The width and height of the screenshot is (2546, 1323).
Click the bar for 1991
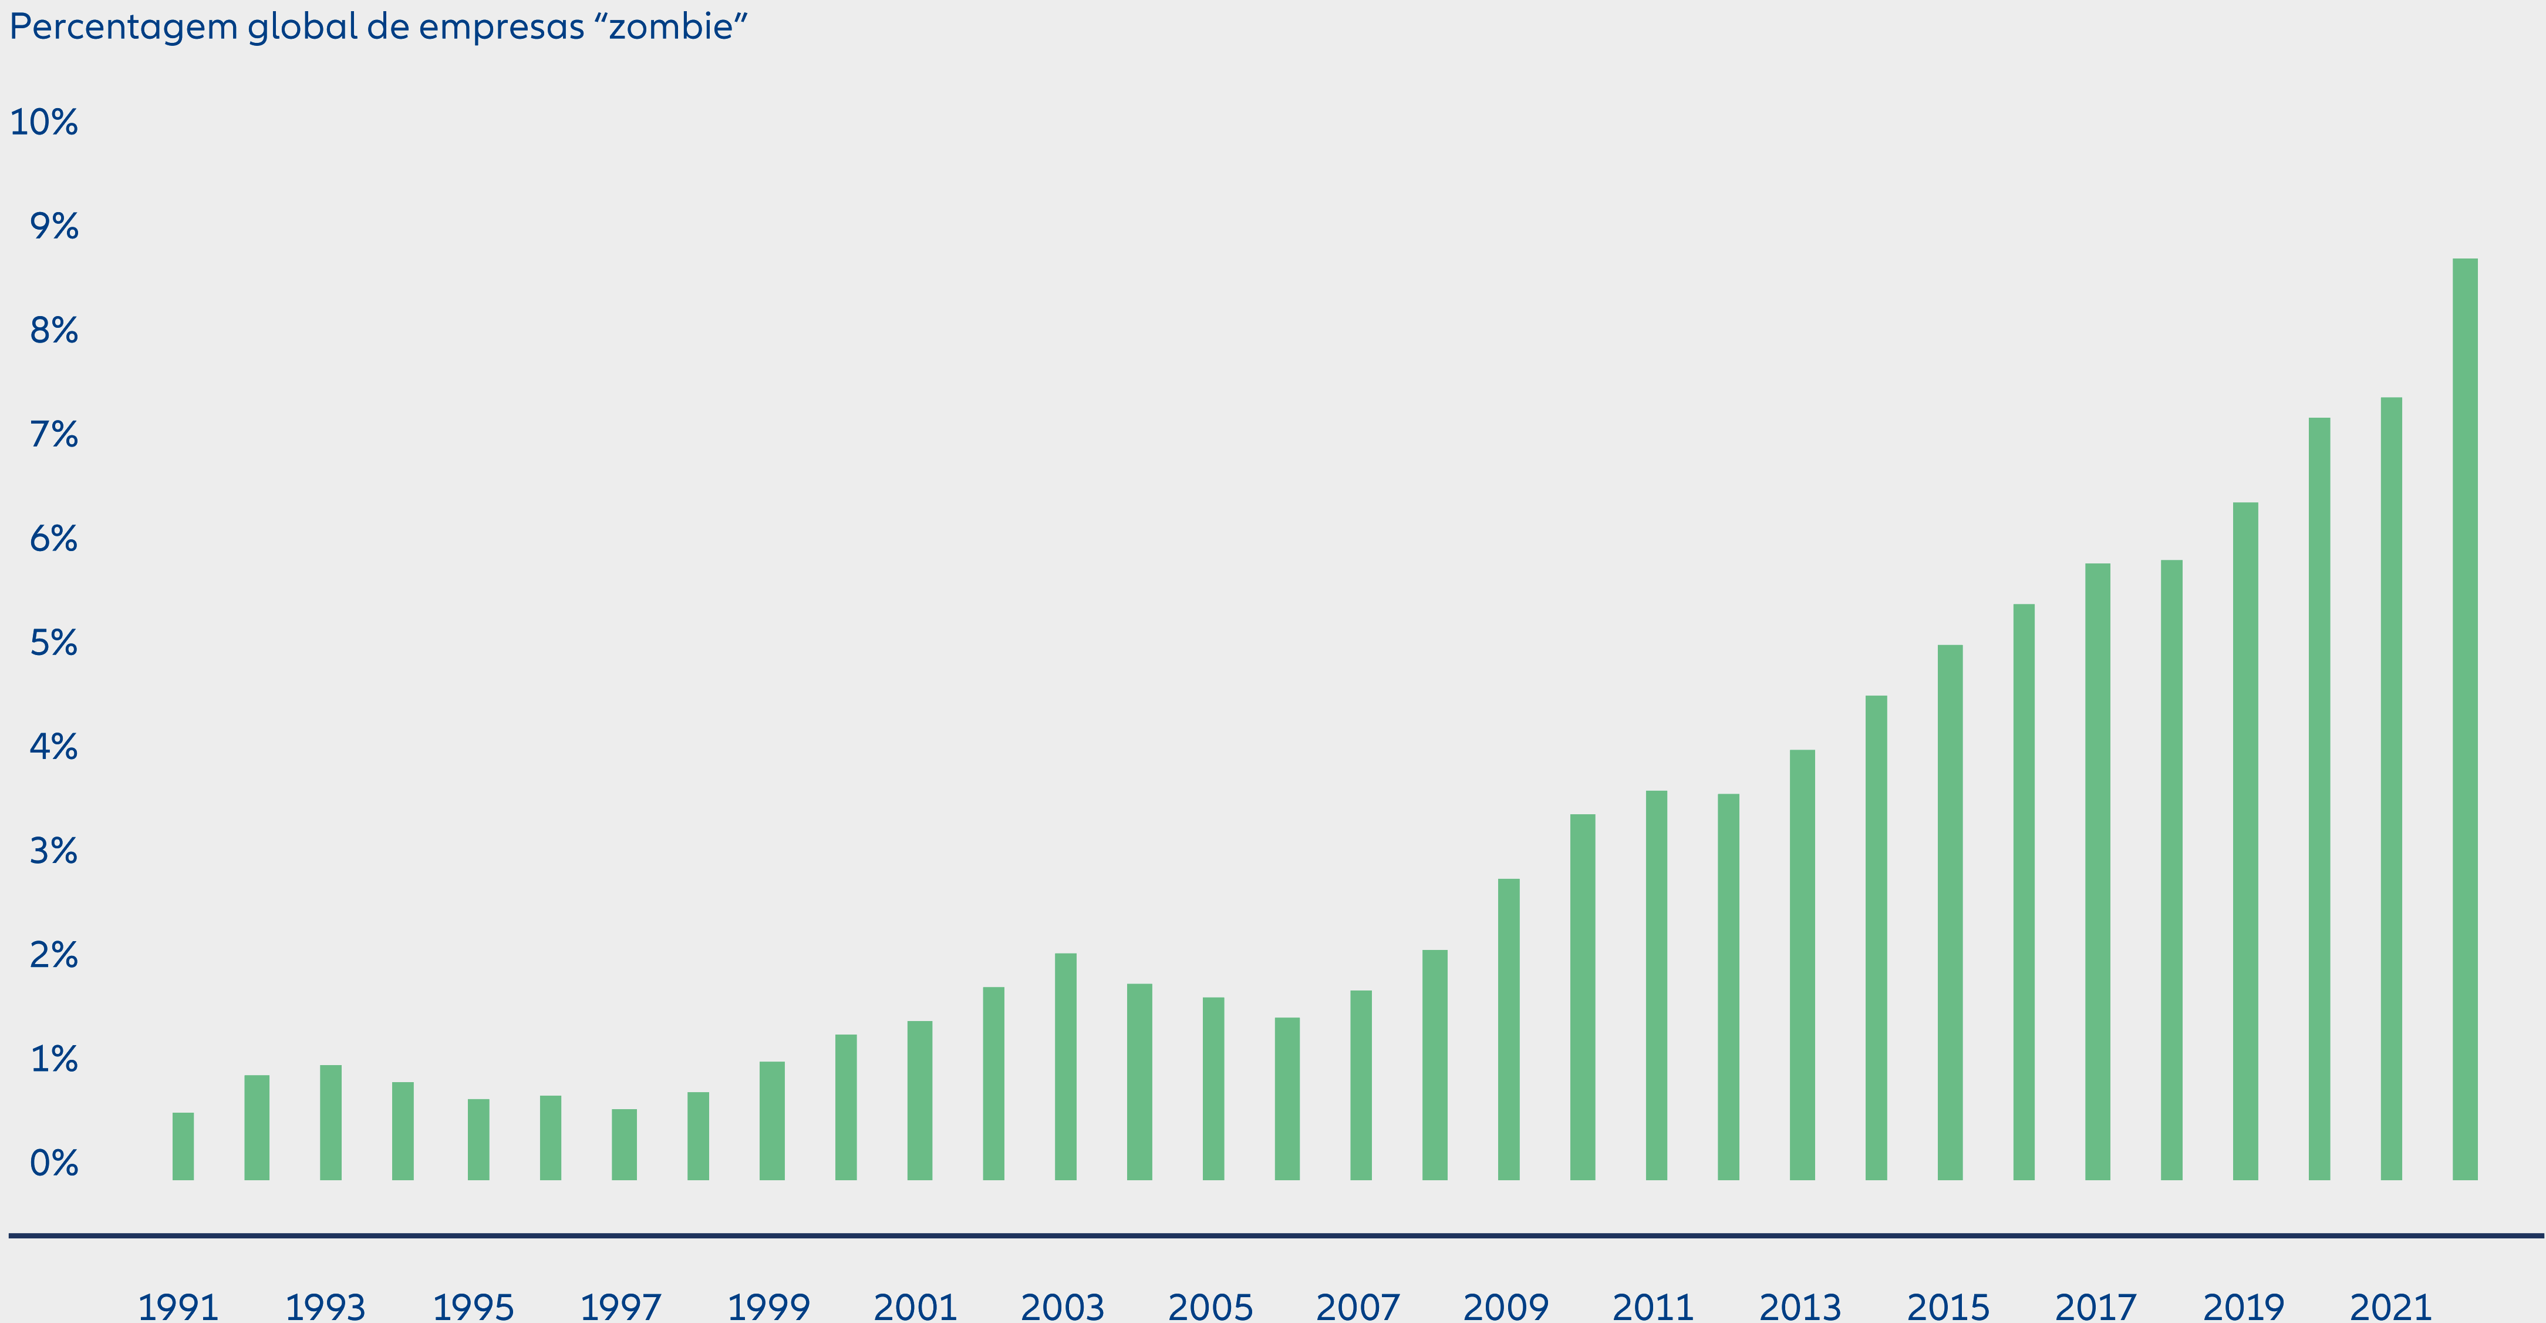click(183, 1146)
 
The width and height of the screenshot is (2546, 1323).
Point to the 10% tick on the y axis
click(43, 123)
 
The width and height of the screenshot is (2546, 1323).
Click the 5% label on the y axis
click(53, 644)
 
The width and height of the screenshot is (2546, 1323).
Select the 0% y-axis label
click(53, 1163)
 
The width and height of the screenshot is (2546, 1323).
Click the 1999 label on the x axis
click(769, 1307)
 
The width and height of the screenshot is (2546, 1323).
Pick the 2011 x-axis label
click(1654, 1307)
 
